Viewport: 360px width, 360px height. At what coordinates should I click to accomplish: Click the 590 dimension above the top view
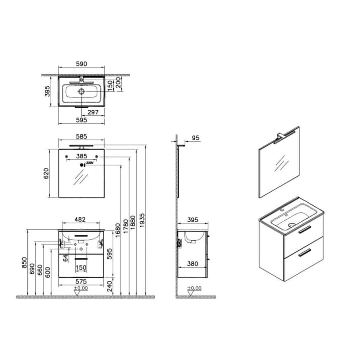[x=81, y=64]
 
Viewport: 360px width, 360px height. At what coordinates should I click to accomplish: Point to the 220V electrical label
[x=89, y=163]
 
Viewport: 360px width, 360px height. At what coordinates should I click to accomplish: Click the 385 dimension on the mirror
[x=81, y=156]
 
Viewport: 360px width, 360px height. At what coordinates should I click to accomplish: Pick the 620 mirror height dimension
[x=46, y=173]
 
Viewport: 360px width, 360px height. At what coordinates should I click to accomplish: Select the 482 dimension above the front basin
[x=80, y=219]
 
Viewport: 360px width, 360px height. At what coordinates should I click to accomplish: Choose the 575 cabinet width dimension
[x=81, y=281]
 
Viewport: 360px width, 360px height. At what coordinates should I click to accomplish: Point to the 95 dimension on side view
[x=195, y=138]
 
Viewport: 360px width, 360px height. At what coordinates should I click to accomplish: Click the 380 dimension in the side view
[x=192, y=264]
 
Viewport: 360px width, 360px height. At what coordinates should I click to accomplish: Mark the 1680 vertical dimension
[x=117, y=230]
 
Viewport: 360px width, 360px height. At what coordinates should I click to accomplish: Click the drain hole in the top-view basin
[x=81, y=91]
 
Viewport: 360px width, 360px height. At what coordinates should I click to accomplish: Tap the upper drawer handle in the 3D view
[x=304, y=229]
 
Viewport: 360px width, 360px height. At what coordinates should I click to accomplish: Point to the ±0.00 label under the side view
[x=194, y=288]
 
